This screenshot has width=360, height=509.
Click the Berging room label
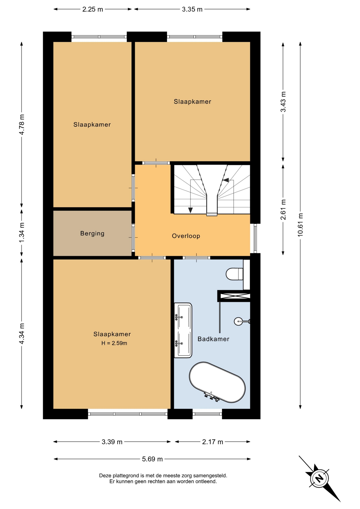92,234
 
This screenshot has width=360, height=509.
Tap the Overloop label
186,236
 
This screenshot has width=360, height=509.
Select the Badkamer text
213,339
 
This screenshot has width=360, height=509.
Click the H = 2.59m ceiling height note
114,343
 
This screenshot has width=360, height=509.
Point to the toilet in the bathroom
235,274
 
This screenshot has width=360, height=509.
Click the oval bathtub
217,382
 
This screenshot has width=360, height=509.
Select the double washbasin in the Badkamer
183,330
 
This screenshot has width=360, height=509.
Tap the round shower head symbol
238,322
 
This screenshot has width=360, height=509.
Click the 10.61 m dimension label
300,225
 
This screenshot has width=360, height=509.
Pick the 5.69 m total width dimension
152,459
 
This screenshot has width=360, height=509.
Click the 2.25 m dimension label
93,9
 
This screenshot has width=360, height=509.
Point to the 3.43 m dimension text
283,102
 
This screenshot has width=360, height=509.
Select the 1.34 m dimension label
22,232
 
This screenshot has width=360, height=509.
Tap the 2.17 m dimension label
213,442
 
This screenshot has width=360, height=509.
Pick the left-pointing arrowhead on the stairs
226,180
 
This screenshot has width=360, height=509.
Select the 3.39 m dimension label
112,442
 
